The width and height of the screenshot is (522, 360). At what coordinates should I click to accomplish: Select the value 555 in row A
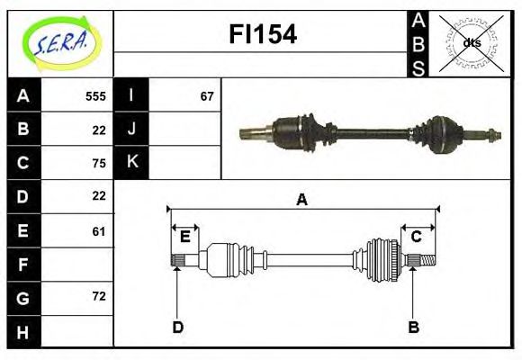click(94, 96)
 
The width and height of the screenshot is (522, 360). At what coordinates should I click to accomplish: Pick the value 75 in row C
click(99, 163)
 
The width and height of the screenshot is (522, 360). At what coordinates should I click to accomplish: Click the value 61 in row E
click(99, 231)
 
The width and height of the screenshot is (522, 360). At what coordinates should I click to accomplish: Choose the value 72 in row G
click(99, 296)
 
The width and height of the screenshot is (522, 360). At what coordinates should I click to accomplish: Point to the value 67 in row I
click(207, 96)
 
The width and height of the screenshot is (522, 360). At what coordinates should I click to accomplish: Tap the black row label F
click(23, 265)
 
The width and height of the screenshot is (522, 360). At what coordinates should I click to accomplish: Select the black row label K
click(131, 162)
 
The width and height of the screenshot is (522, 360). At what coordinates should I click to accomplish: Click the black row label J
click(131, 129)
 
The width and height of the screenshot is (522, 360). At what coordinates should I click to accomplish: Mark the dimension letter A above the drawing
click(302, 200)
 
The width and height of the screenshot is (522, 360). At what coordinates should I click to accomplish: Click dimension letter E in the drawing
click(184, 237)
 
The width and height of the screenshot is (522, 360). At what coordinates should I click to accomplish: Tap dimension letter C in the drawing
click(416, 237)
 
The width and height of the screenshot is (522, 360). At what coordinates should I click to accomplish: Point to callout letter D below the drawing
click(177, 327)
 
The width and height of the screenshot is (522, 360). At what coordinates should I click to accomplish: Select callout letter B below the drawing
click(414, 327)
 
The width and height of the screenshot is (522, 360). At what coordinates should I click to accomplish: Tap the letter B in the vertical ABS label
click(418, 42)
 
